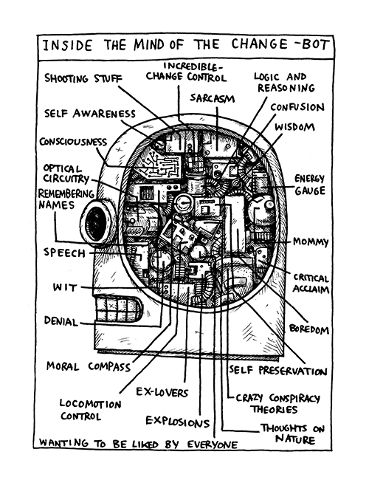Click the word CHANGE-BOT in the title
tap(280, 44)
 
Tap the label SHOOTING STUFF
tap(83, 78)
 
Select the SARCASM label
tap(212, 98)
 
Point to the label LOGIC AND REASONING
tap(284, 82)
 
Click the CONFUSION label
tap(297, 107)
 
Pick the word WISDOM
tap(294, 126)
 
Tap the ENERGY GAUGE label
tap(309, 185)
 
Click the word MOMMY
tap(310, 241)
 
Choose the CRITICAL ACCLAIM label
tap(311, 283)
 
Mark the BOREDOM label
tap(308, 329)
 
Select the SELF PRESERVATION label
tap(277, 371)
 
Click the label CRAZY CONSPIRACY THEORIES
tap(277, 403)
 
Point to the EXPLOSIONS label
tap(177, 421)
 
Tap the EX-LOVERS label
tap(162, 392)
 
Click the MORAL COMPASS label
tap(89, 366)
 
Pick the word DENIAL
tap(61, 320)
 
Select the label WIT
tap(65, 287)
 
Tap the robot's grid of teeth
tap(119, 309)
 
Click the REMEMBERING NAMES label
tap(66, 199)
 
